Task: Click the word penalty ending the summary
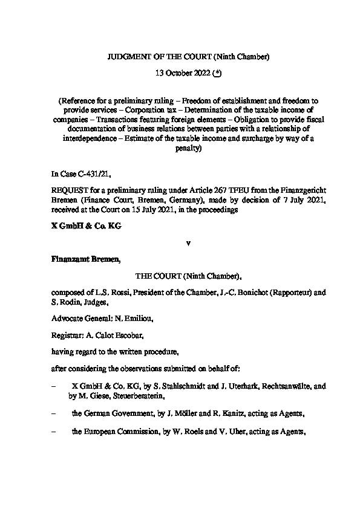pos(180,148)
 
